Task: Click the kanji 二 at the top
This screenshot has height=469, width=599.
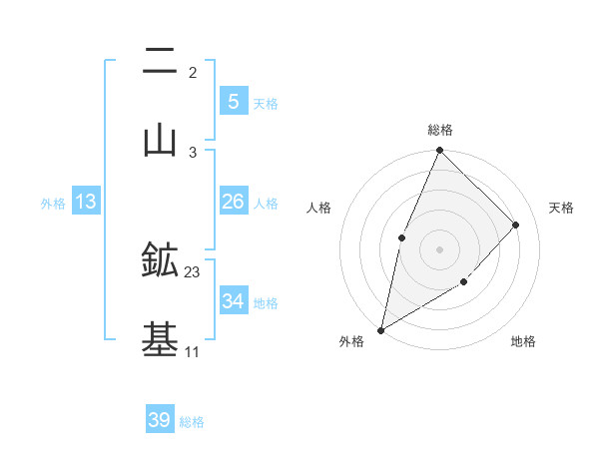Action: point(160,62)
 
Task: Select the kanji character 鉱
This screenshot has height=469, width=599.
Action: point(160,261)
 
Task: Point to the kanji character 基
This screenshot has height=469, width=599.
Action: point(160,340)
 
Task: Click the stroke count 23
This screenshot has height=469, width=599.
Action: point(193,272)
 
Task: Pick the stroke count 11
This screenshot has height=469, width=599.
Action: point(193,351)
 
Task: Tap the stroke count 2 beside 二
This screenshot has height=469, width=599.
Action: point(193,73)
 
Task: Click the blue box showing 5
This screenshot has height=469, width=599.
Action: point(233,102)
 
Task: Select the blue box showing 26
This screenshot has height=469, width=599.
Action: point(233,202)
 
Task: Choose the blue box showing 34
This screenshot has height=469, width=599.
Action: point(233,301)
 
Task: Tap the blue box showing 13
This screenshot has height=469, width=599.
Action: point(86,202)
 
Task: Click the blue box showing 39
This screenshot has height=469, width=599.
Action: point(160,420)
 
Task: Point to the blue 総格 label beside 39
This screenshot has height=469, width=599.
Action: point(192,422)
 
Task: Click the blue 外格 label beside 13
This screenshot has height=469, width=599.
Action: point(53,204)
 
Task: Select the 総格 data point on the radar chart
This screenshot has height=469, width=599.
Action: point(439,151)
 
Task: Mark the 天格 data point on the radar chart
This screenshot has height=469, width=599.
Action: point(516,225)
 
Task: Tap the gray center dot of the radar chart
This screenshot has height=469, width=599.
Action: point(439,249)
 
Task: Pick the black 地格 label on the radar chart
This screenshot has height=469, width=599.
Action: point(523,342)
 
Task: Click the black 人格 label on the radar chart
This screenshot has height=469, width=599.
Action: point(319,208)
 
